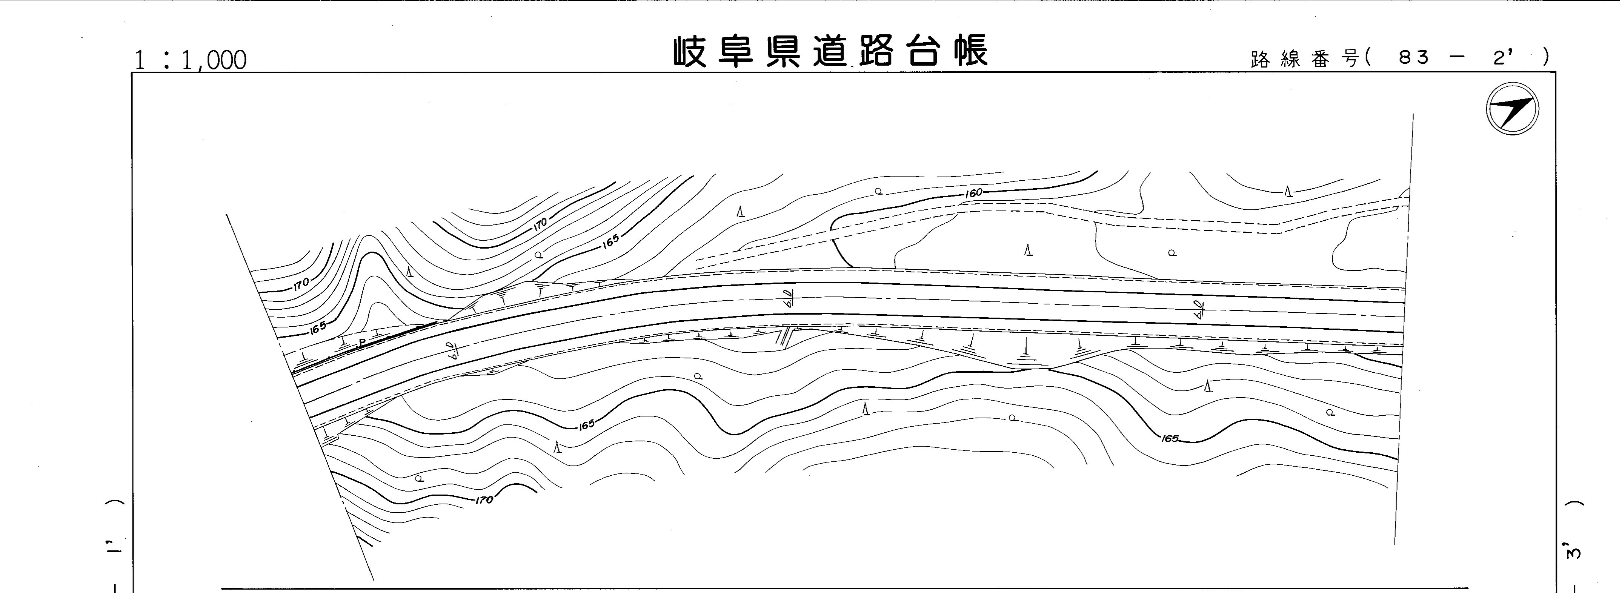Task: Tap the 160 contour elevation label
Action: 973,193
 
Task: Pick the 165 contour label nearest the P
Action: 318,327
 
